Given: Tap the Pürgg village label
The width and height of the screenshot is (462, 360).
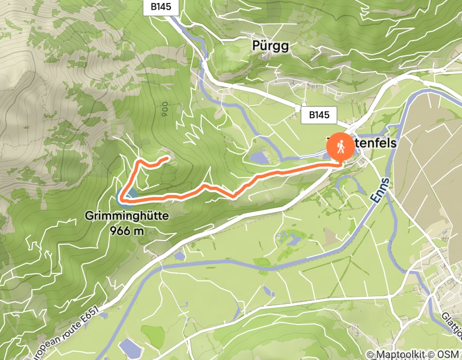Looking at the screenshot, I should coord(271,46).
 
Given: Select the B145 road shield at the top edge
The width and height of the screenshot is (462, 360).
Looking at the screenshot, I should coord(161,7).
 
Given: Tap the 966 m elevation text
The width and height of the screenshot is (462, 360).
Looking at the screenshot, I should coord(126,230).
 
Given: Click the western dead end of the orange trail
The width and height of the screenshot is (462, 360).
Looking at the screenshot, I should coord(168,158).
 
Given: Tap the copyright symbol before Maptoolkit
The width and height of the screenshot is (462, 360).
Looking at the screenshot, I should coord(370,354).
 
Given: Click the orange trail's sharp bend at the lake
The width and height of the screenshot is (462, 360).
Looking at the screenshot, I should coord(120,196).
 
